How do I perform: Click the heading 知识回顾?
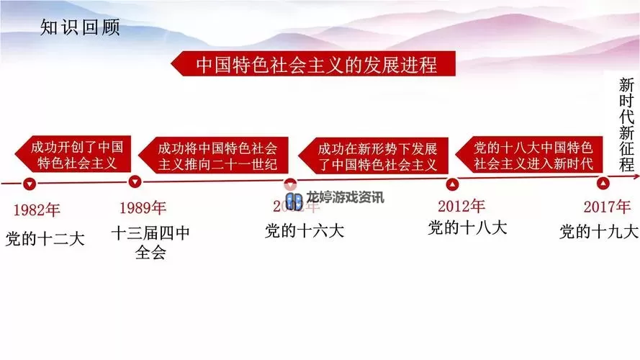click(79, 28)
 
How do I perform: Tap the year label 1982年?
click(37, 210)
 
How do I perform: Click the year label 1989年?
click(143, 209)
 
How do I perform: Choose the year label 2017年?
click(607, 207)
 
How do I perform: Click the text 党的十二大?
click(45, 238)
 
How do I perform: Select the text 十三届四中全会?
click(150, 243)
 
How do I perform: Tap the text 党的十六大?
click(305, 230)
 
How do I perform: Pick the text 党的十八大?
click(467, 228)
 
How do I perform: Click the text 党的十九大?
click(599, 232)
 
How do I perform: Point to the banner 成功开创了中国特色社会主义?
click(68, 155)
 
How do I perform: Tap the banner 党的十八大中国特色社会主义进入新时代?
click(533, 155)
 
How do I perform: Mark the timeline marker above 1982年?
click(29, 184)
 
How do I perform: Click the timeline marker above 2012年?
click(453, 184)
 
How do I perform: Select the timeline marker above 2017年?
click(603, 183)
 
